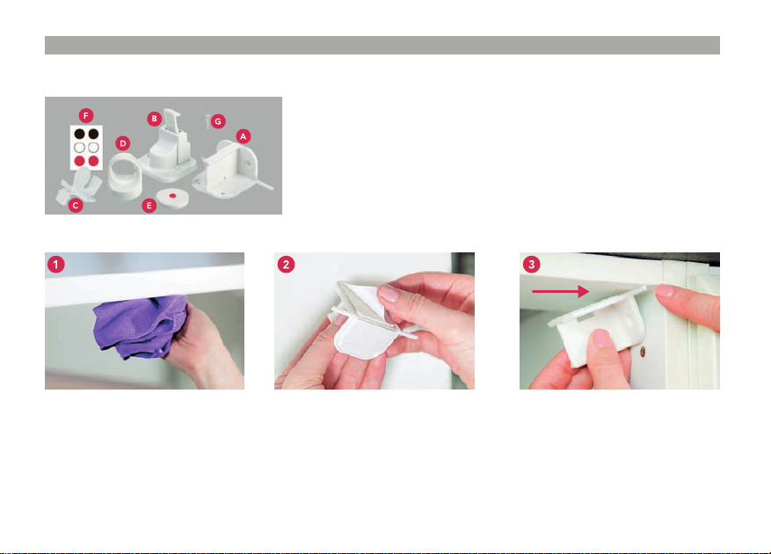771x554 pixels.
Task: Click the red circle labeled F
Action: click(x=86, y=115)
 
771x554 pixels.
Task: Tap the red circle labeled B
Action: click(x=155, y=119)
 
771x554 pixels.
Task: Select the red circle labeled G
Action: click(x=218, y=121)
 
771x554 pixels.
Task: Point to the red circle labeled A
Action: click(x=243, y=136)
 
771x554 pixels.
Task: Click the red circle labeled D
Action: click(x=123, y=143)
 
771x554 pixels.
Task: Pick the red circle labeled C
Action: click(x=76, y=205)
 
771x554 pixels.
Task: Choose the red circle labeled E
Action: click(x=149, y=206)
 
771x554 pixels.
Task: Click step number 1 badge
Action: click(x=56, y=264)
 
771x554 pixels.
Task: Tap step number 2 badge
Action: click(x=287, y=264)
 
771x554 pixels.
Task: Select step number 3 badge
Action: click(x=531, y=264)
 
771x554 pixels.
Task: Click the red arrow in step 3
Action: click(x=561, y=291)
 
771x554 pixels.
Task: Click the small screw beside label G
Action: click(x=207, y=120)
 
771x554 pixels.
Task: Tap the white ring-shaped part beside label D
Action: click(x=125, y=177)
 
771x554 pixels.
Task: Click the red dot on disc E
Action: click(x=172, y=196)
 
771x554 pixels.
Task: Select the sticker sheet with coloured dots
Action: click(x=86, y=148)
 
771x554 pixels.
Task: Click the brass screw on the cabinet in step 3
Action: click(x=643, y=352)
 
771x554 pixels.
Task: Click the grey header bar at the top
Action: click(x=382, y=45)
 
